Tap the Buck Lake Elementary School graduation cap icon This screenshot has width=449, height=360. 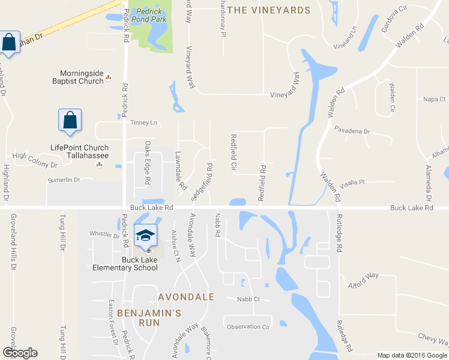coord(145,236)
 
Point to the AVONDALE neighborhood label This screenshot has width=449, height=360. coord(186,297)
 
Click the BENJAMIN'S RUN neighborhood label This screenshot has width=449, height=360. coord(149,317)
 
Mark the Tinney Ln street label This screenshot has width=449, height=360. coord(143,123)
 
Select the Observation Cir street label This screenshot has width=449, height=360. coord(249,327)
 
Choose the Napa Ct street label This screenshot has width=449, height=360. coord(435,99)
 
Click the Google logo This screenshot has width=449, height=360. coord(20,353)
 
